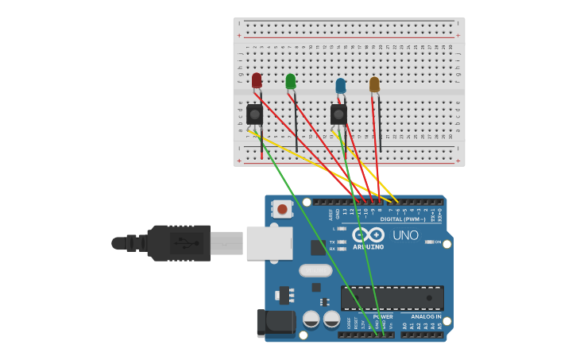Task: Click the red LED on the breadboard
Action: click(x=257, y=80)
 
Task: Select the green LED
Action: click(x=291, y=81)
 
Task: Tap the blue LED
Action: click(x=341, y=85)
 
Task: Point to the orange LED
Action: click(x=374, y=84)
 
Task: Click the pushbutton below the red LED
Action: click(x=254, y=114)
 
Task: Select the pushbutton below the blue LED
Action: click(x=338, y=114)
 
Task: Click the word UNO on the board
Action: click(x=405, y=235)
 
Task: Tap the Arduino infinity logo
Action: click(x=369, y=235)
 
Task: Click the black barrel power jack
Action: click(x=276, y=323)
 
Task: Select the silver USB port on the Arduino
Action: click(x=269, y=243)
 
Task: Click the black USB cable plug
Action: click(x=179, y=242)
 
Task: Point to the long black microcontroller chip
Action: click(x=392, y=298)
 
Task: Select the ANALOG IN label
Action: click(x=427, y=316)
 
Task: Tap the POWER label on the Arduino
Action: click(x=382, y=316)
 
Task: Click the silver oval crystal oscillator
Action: click(x=315, y=270)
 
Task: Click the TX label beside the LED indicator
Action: click(x=332, y=242)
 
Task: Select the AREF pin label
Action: click(x=330, y=215)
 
